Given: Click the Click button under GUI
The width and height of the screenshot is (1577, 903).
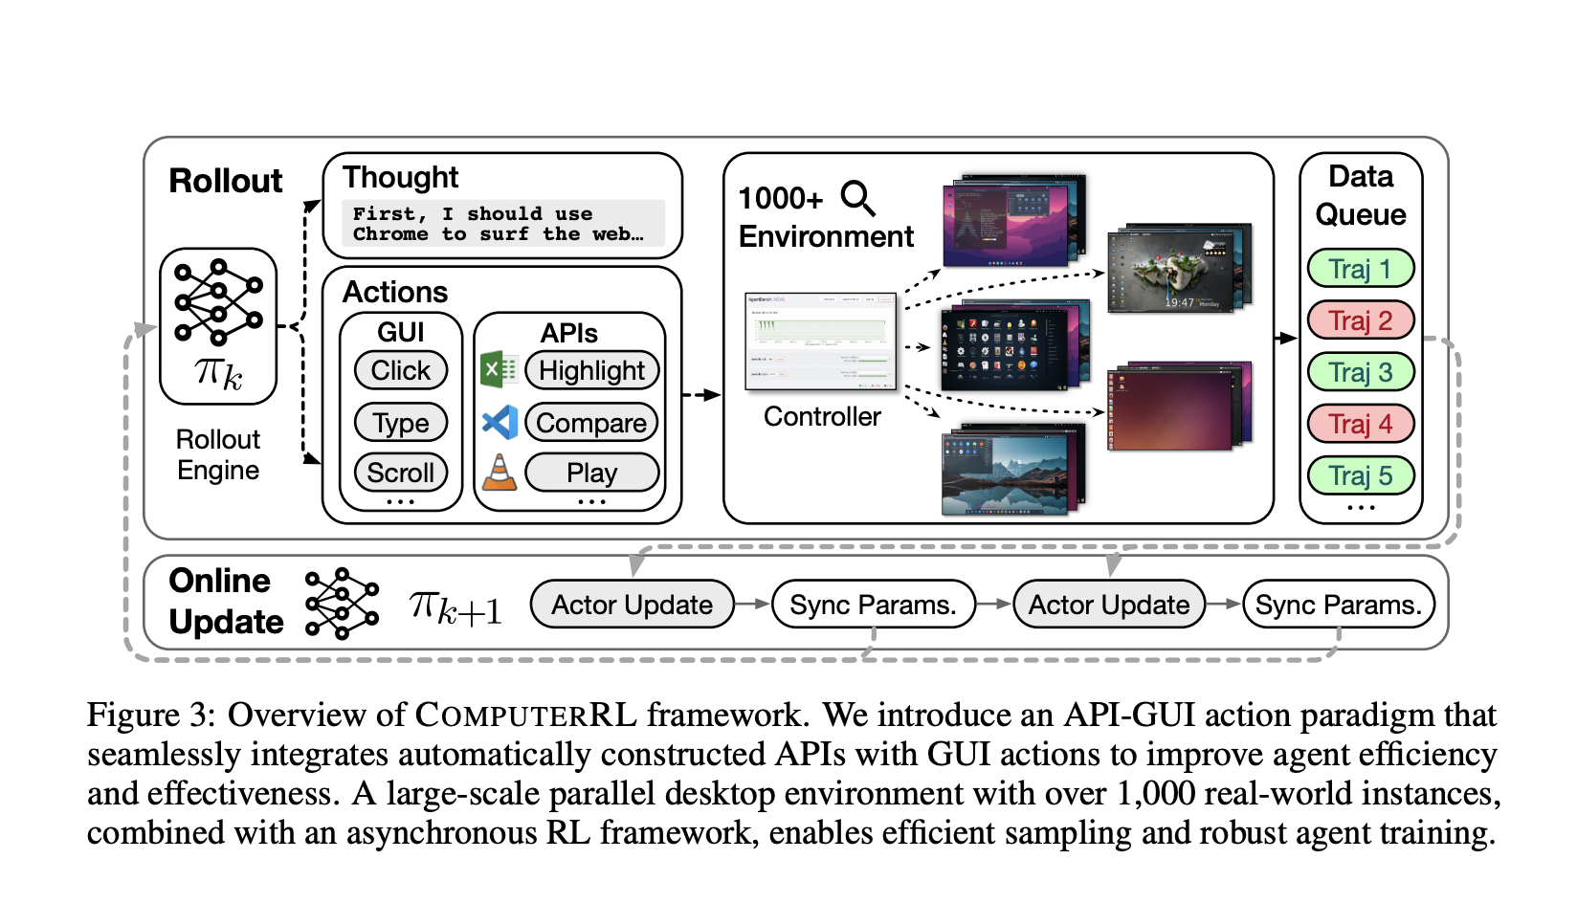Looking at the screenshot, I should click(x=401, y=370).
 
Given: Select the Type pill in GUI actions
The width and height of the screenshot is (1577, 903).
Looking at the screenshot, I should click(x=401, y=422).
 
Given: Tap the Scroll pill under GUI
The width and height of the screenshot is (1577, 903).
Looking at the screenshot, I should click(x=401, y=473).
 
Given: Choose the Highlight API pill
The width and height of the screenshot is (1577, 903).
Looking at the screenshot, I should click(x=591, y=370).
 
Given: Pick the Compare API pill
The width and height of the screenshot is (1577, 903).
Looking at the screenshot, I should click(x=591, y=422).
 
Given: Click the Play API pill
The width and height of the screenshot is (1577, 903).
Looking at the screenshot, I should click(x=591, y=473).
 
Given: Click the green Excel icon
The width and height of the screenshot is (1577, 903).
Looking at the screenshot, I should click(x=499, y=369).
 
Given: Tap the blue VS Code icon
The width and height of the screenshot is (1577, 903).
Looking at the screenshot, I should click(x=500, y=422).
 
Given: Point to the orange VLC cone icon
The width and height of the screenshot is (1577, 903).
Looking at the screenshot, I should click(x=499, y=473).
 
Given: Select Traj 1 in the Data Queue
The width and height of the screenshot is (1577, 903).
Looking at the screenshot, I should click(x=1360, y=269).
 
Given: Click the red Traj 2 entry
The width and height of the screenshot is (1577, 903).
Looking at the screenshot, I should click(x=1360, y=320).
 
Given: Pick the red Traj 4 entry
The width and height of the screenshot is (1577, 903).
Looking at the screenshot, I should click(x=1360, y=424).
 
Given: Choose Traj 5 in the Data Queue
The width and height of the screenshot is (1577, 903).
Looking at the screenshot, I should click(x=1360, y=475).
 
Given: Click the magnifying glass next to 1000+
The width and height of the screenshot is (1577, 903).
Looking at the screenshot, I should click(x=857, y=198).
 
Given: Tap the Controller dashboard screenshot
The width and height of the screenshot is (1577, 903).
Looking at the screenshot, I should click(x=820, y=341).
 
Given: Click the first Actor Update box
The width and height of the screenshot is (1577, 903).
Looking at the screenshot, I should click(x=632, y=605).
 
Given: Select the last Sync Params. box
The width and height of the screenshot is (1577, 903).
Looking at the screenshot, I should click(x=1338, y=605).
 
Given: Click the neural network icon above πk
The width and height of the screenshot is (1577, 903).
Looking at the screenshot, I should click(x=218, y=302).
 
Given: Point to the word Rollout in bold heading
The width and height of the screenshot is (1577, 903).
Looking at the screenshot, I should click(x=226, y=181).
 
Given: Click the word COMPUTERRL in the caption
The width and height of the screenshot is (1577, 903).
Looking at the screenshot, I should click(x=526, y=715).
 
